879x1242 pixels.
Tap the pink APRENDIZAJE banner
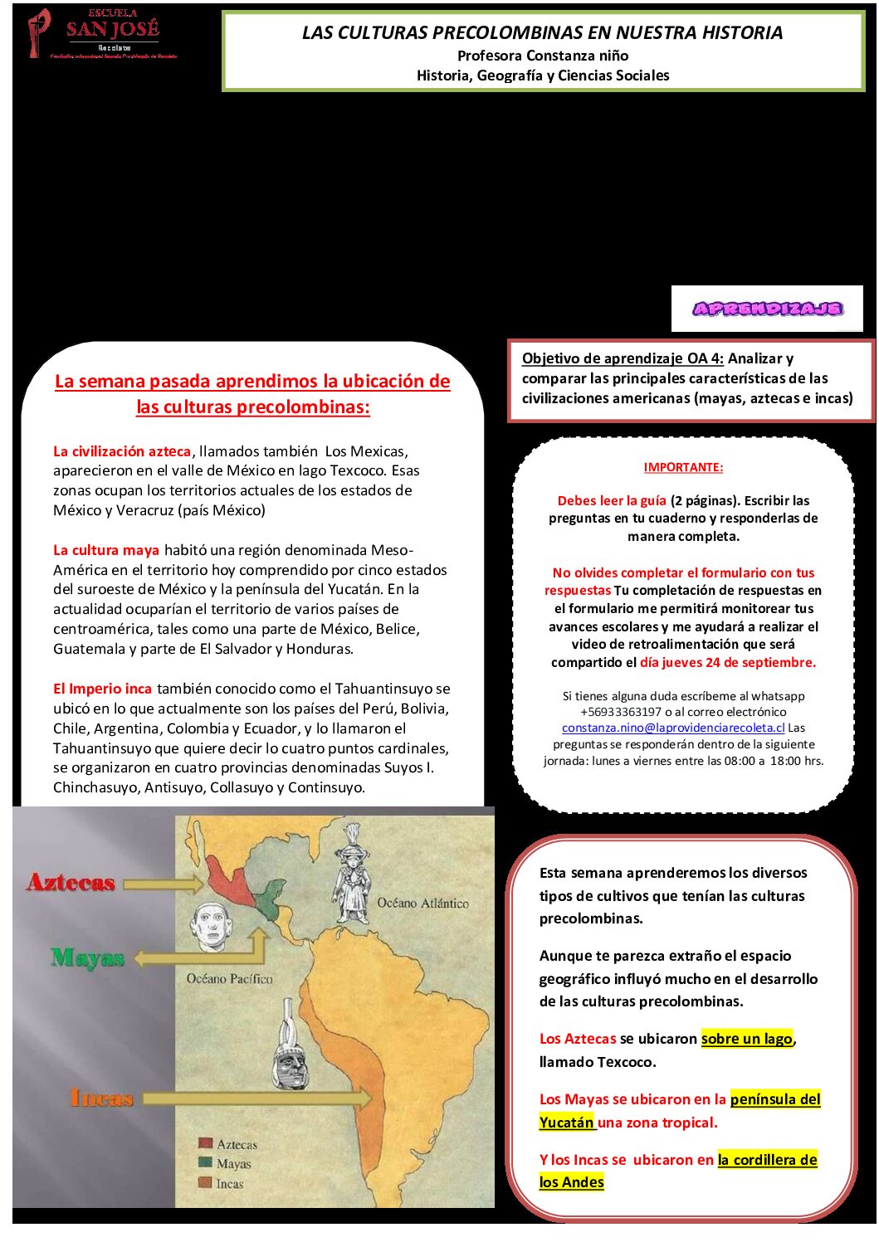[767, 309]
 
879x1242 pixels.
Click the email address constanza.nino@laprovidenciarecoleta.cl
[673, 728]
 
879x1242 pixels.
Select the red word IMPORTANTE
[683, 467]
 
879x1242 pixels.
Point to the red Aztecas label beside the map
[71, 882]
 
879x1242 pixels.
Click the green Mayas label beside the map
[87, 958]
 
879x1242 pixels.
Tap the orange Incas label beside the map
[102, 1098]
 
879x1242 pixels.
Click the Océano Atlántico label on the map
[422, 903]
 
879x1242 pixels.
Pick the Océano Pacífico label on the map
[230, 979]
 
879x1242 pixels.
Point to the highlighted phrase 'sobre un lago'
[747, 1039]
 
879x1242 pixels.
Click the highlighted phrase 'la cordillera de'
[768, 1160]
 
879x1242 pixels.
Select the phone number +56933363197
[621, 712]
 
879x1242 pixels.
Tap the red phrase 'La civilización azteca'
[122, 451]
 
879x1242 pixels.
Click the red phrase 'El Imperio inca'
[102, 689]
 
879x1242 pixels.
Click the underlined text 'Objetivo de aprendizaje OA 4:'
[623, 358]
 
